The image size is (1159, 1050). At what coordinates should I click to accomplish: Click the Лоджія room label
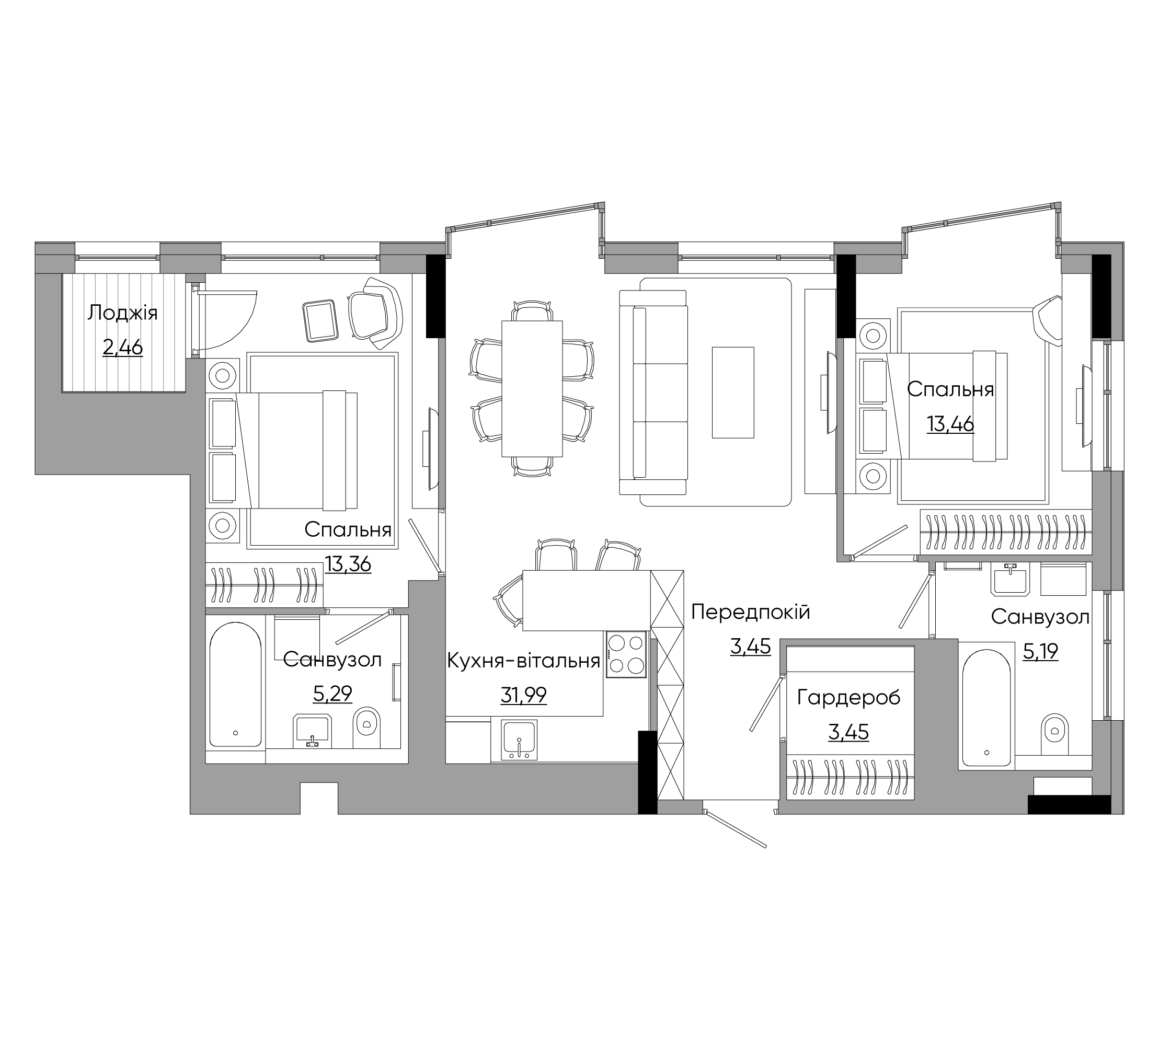click(122, 314)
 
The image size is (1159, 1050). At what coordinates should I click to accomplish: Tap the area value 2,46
click(122, 347)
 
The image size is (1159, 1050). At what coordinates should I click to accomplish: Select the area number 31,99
click(523, 696)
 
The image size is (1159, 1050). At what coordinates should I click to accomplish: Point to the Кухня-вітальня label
click(523, 661)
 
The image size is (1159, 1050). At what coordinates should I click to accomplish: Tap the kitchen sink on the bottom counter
click(519, 740)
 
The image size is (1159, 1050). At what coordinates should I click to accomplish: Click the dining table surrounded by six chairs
click(532, 388)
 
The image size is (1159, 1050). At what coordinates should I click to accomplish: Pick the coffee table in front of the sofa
click(733, 393)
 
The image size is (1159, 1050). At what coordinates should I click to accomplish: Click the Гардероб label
click(848, 698)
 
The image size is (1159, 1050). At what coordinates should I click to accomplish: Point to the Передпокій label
click(750, 612)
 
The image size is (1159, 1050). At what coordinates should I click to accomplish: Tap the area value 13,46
click(950, 424)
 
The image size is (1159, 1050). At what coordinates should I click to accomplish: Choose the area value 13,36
click(348, 564)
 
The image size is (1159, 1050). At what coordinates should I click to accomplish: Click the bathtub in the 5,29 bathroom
click(236, 685)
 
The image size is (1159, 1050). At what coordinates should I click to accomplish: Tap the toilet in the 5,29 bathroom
click(367, 727)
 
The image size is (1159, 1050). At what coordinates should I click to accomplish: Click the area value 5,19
click(1040, 651)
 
